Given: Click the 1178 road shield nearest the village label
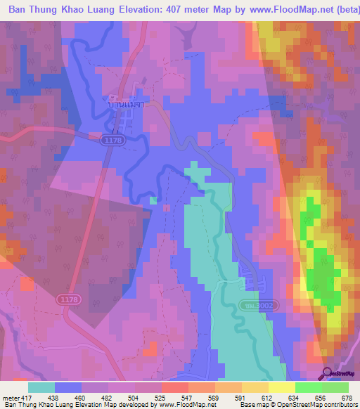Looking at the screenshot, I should (108, 141).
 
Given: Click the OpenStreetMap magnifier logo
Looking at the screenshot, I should (326, 373).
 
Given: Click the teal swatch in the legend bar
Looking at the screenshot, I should (41, 387).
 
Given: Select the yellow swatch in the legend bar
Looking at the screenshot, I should (281, 387).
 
